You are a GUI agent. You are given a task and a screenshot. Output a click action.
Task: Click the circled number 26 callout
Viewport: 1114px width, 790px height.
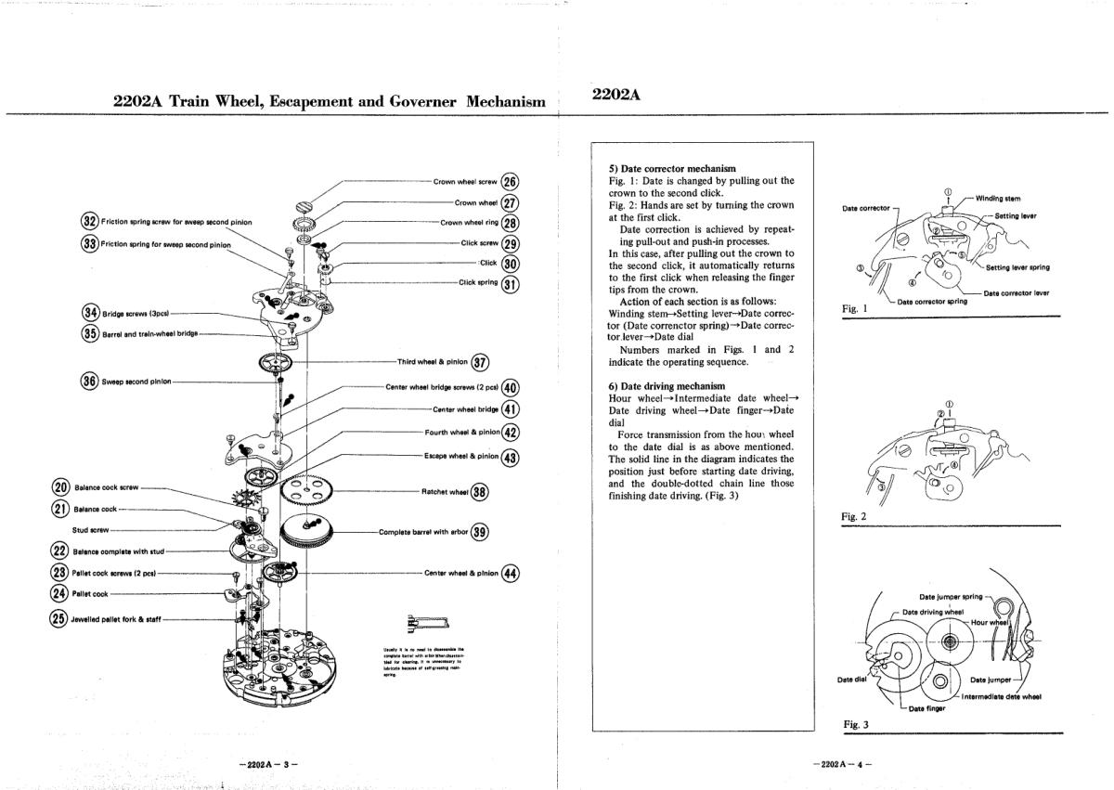(511, 182)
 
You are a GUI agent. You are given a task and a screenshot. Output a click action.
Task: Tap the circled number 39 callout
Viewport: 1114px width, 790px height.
(480, 532)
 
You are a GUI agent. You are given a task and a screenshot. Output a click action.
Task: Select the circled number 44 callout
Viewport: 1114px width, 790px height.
(511, 573)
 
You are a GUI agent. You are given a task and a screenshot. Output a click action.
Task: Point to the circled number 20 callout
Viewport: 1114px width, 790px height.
(60, 486)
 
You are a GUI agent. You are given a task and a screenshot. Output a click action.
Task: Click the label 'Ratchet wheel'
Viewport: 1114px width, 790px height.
(445, 491)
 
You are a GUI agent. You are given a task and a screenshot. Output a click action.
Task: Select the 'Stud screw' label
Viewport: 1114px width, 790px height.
(91, 531)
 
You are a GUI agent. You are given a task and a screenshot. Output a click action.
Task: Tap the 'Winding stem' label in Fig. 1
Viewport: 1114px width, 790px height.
(999, 198)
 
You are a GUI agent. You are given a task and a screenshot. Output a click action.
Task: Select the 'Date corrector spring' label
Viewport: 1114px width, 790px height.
(932, 301)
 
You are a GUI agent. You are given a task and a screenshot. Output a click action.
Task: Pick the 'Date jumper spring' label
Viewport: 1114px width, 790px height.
(951, 597)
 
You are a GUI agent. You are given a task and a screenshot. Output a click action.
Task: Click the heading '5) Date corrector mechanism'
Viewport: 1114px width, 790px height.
(672, 168)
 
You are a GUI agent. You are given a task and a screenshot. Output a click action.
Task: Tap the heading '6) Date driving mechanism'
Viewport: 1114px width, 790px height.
(667, 385)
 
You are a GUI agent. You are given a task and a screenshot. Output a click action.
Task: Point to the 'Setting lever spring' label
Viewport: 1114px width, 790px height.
(1017, 267)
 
